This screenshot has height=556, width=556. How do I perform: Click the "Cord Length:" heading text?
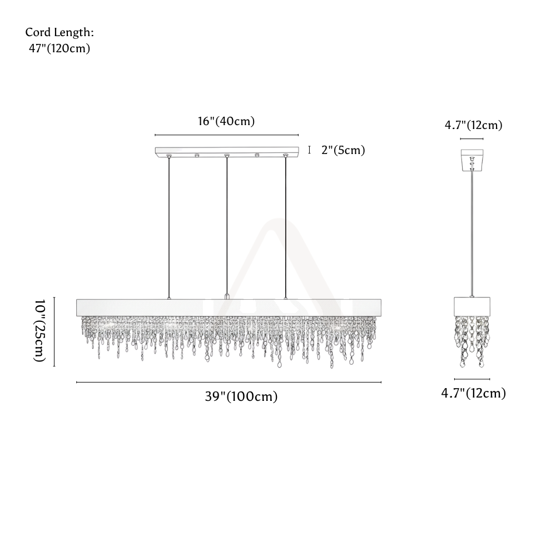pos(59,33)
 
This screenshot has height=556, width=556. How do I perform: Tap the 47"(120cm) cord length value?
pos(59,48)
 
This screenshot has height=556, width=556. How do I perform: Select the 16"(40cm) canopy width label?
pos(226,121)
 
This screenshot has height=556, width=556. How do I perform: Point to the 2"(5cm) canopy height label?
pos(343,150)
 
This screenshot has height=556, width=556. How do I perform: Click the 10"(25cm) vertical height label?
pos(39,331)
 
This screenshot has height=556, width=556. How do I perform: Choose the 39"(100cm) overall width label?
pos(241,396)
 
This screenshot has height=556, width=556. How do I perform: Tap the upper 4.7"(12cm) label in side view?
pos(473,125)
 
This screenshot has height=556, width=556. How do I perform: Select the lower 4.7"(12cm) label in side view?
pos(473,393)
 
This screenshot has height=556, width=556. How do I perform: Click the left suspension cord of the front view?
pos(169,227)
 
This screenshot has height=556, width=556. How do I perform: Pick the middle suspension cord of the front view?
pos(227,225)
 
